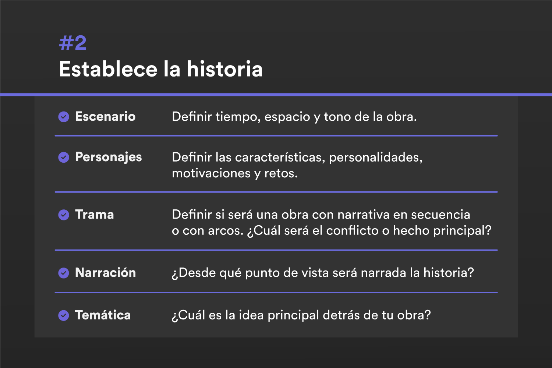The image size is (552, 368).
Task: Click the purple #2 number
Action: point(73,43)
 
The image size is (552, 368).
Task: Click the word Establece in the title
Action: point(108,69)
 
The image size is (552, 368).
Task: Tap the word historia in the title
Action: point(224,69)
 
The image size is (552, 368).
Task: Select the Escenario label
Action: point(105,116)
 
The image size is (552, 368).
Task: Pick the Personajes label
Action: point(109,157)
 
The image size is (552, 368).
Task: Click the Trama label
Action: point(94,215)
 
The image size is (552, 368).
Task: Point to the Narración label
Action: point(106,272)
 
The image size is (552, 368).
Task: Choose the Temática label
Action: point(103,315)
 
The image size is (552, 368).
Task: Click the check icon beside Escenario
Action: point(64,117)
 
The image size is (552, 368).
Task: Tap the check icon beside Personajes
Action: point(64,157)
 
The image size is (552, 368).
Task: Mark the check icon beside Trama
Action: point(64,215)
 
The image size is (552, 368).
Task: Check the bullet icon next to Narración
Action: point(64,273)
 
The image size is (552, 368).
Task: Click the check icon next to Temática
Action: point(64,315)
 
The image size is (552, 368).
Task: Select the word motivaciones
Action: point(211,173)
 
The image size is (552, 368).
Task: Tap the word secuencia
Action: point(440,215)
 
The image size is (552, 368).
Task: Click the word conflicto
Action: point(352,230)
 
